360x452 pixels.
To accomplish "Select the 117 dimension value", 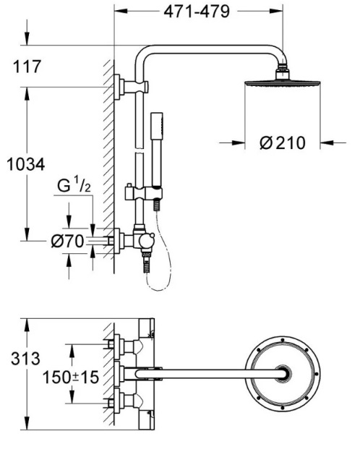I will tap(28, 67).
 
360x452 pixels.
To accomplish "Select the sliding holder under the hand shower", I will tap(145, 195).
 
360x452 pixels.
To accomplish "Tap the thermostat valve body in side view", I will tap(142, 241).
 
